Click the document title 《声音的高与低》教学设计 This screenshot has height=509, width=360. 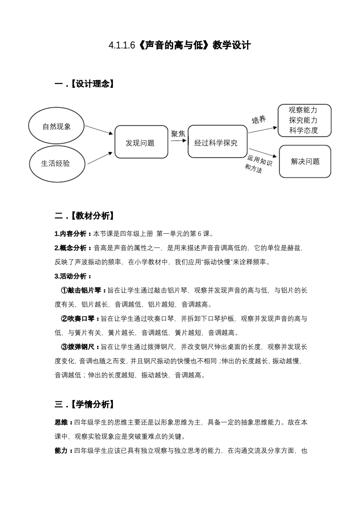click(180, 45)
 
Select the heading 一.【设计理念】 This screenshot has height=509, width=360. click(84, 84)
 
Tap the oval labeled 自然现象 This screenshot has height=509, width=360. click(56, 126)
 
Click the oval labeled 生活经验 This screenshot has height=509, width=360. click(56, 164)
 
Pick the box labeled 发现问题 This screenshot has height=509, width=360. click(141, 142)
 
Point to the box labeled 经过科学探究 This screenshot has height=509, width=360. click(217, 142)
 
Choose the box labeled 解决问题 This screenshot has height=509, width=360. click(305, 161)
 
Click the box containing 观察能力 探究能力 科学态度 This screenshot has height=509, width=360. click(304, 120)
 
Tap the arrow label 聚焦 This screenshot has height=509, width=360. click(178, 134)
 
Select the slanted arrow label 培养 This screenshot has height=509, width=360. click(259, 120)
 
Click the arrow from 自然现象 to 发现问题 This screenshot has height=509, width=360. click(99, 130)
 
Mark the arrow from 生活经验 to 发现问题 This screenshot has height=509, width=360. click(100, 158)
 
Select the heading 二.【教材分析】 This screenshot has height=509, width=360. click(84, 216)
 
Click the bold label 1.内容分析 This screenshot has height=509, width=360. click(71, 234)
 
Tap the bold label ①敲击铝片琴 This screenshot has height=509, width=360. click(81, 290)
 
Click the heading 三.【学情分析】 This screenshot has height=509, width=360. click(84, 404)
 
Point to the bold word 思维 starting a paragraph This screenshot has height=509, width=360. click(61, 422)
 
